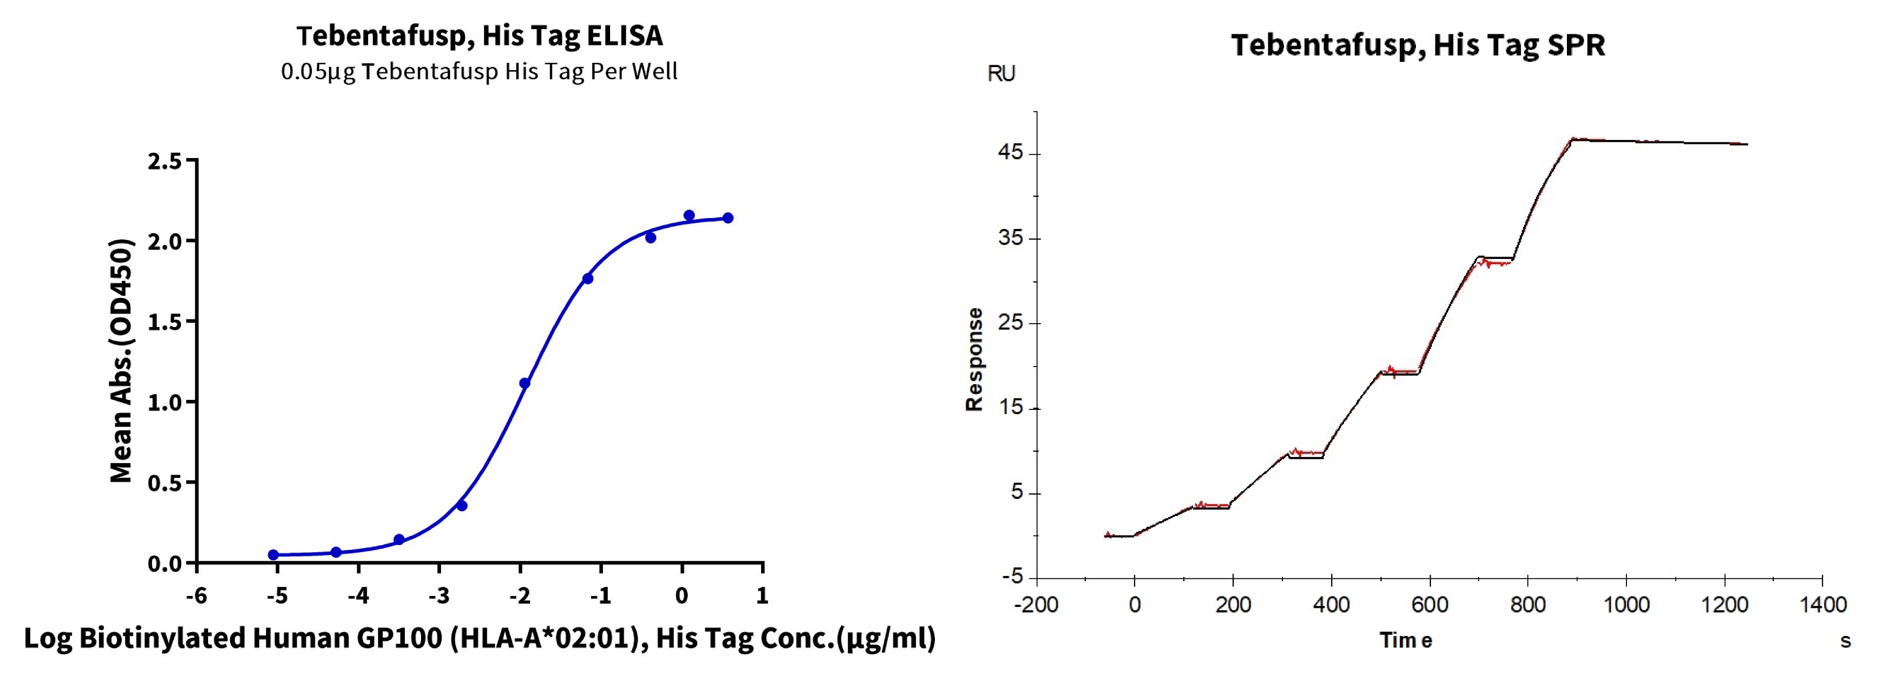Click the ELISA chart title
point(480,35)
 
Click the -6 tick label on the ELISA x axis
point(196,596)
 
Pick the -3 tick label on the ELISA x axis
point(439,596)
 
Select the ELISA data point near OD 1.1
point(524,383)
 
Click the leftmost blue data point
point(273,555)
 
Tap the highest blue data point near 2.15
point(689,215)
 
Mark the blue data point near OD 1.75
point(587,278)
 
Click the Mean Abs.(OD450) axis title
point(121,361)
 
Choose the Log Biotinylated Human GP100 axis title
point(480,638)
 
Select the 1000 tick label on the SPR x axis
point(1626,605)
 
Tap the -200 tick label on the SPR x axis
point(1036,605)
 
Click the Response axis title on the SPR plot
point(974,359)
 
